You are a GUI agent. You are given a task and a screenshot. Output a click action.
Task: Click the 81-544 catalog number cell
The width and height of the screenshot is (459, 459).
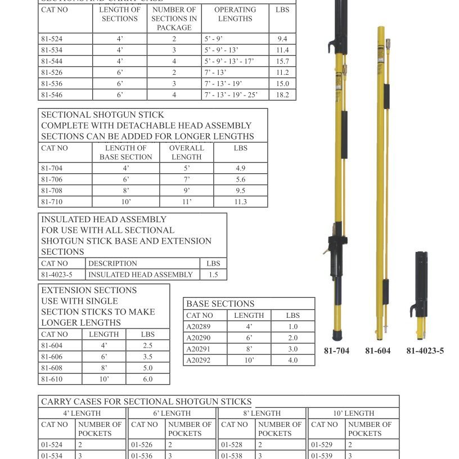(52, 61)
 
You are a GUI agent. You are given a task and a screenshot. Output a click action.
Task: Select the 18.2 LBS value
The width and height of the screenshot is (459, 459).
(282, 95)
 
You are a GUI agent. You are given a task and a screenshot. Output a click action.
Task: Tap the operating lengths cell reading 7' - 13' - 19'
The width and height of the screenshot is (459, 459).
(223, 84)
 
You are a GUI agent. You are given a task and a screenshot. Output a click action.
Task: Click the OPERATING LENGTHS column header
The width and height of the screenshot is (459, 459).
(235, 14)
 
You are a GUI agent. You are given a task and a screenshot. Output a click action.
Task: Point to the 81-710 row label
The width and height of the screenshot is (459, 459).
(52, 202)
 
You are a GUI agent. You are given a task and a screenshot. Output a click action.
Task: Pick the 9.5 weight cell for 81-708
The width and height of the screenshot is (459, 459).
(240, 191)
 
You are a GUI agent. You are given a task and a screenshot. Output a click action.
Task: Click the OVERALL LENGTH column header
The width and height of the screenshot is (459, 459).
(187, 152)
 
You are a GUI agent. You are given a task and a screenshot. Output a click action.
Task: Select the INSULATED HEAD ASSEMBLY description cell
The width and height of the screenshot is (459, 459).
(141, 275)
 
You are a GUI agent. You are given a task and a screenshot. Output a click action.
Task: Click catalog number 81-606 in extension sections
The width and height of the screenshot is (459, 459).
(52, 357)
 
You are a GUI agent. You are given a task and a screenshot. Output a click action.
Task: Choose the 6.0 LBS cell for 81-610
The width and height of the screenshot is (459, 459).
(147, 379)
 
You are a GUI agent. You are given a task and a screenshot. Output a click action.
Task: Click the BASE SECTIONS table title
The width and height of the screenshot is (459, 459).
(220, 304)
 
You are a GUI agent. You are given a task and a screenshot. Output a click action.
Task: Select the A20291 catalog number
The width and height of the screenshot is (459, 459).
(198, 349)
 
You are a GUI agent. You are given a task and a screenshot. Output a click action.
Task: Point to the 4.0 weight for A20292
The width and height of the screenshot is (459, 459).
(292, 360)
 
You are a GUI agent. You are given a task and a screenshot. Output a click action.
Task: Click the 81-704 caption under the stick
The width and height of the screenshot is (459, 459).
(336, 351)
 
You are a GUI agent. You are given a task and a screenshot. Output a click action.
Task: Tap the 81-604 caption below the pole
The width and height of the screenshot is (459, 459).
(377, 351)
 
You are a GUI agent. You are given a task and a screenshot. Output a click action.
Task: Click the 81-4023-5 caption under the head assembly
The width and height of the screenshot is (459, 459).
(425, 351)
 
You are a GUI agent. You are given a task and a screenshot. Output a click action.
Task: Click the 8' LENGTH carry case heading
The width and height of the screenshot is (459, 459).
(263, 413)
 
